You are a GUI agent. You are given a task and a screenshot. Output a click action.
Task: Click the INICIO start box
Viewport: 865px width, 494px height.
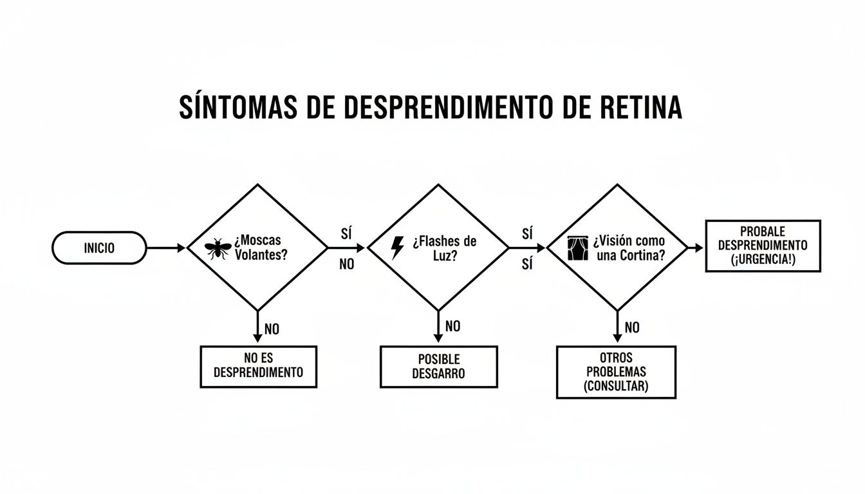pyautogui.click(x=99, y=248)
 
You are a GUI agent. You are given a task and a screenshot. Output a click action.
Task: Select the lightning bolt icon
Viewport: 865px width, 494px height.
pyautogui.click(x=398, y=248)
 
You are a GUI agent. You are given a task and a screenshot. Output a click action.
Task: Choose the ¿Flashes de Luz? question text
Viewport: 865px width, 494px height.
pyautogui.click(x=444, y=248)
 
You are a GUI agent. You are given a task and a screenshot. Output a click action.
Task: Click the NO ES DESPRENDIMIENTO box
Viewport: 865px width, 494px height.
pyautogui.click(x=258, y=367)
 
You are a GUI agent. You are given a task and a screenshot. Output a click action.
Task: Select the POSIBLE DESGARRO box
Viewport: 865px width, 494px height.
pyautogui.click(x=438, y=367)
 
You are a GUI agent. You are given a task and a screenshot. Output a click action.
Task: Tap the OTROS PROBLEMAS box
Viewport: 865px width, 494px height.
pyautogui.click(x=616, y=372)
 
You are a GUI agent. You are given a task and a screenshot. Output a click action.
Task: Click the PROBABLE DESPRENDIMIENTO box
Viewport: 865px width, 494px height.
pyautogui.click(x=763, y=246)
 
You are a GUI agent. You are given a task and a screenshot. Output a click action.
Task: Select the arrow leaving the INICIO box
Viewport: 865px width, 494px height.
pyautogui.click(x=166, y=247)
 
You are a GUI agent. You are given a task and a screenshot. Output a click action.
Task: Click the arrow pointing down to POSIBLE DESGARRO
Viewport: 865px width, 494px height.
pyautogui.click(x=438, y=328)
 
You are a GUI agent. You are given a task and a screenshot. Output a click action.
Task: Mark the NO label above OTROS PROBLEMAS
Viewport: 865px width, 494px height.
pyautogui.click(x=632, y=328)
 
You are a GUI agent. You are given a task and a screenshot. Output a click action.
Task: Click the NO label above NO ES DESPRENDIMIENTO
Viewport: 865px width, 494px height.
pyautogui.click(x=272, y=329)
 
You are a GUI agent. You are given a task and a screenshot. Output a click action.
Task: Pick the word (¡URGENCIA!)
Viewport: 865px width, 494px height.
pyautogui.click(x=763, y=260)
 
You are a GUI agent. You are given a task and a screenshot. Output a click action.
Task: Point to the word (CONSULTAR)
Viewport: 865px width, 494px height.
pyautogui.click(x=616, y=387)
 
